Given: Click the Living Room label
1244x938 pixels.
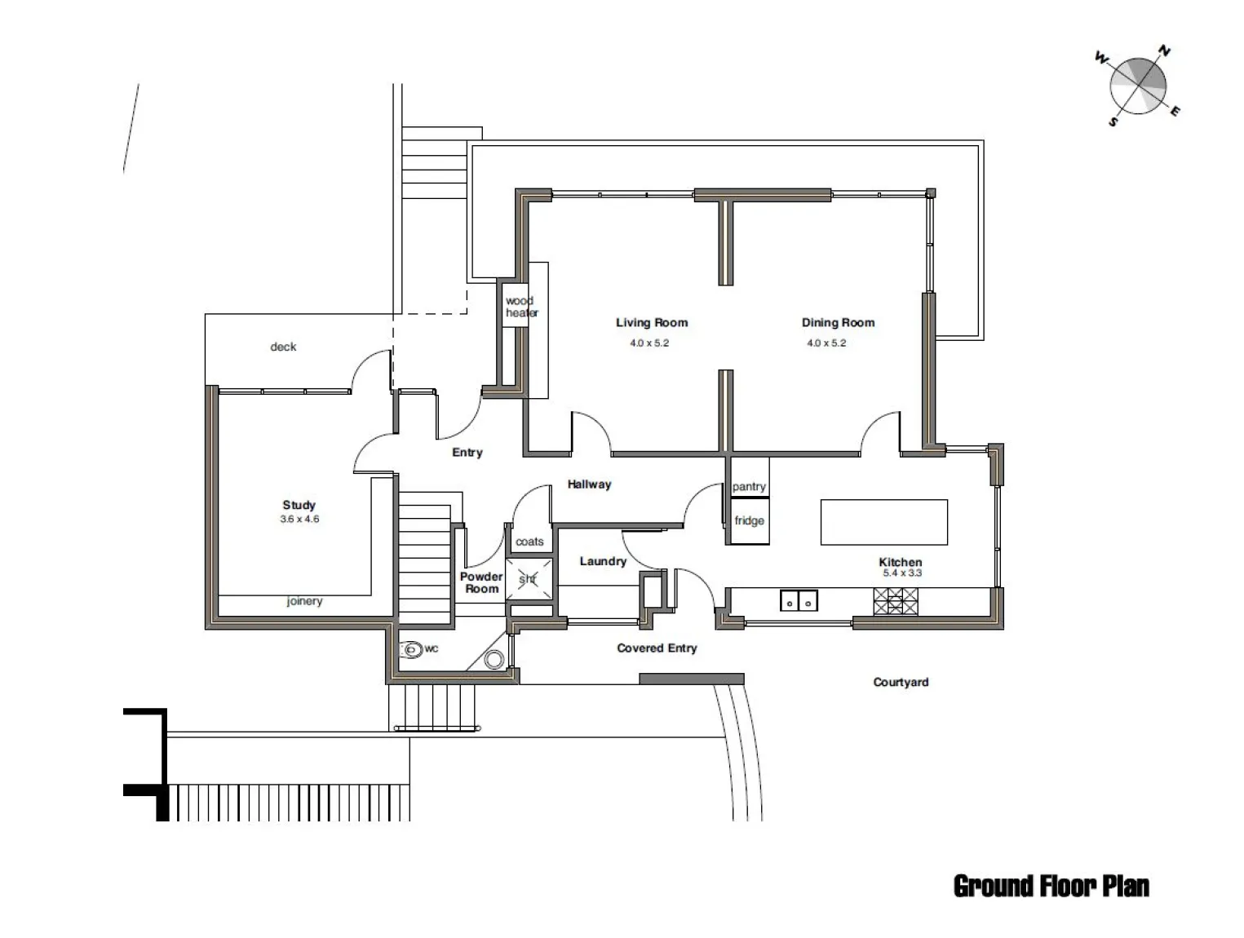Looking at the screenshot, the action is tap(652, 322).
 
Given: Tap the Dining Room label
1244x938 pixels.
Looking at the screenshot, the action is tap(838, 322).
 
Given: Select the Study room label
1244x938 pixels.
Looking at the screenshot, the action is tap(299, 505).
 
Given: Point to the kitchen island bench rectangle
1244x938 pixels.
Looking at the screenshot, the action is tap(883, 522).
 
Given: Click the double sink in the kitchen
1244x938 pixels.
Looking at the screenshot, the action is tap(799, 600).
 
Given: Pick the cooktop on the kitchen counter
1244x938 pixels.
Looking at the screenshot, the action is tap(896, 601).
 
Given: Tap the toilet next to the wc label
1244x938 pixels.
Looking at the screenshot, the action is tap(411, 649).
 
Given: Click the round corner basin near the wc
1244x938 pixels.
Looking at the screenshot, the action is tap(494, 659).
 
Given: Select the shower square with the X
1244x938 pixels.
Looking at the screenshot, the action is tap(529, 578).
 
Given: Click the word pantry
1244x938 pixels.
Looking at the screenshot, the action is tap(749, 486).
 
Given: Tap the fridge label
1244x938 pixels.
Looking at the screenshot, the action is tap(749, 520).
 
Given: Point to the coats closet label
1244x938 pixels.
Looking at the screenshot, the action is tap(529, 542).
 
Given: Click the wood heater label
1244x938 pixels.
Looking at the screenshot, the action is tap(521, 307).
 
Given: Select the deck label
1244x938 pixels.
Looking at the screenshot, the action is tap(283, 346).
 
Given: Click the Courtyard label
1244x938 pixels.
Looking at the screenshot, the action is tap(901, 682).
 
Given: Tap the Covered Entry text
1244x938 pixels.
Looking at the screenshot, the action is tap(657, 648).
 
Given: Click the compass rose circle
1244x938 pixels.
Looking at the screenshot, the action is tap(1137, 86).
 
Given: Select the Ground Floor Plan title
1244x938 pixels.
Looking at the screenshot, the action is tap(1051, 886).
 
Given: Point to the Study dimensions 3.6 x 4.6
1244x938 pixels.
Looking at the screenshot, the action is tap(299, 519).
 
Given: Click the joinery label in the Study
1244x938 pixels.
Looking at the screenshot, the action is tap(304, 601).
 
